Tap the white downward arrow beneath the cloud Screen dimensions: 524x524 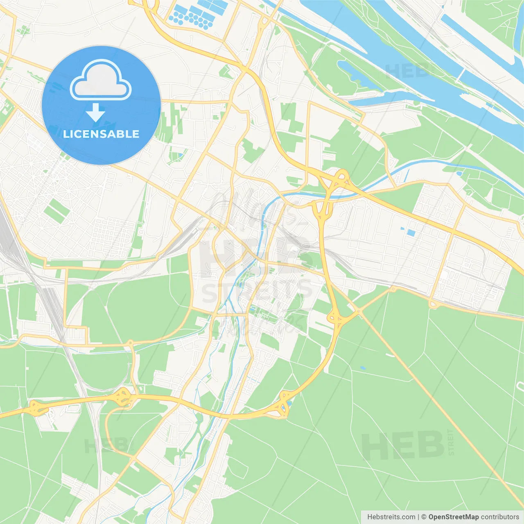pyautogui.click(x=95, y=112)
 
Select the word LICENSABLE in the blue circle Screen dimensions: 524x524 pyautogui.click(x=101, y=134)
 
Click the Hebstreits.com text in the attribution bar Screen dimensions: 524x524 pyautogui.click(x=391, y=517)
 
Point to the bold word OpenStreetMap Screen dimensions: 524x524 pyautogui.click(x=453, y=517)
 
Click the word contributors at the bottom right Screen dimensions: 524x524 pyautogui.click(x=500, y=517)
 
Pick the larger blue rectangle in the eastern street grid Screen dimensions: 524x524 pyautogui.click(x=411, y=233)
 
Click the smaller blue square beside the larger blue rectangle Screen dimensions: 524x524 pyautogui.click(x=402, y=228)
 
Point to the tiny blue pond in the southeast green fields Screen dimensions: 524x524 pyautogui.click(x=363, y=368)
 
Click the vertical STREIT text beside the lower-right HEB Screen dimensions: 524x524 pyautogui.click(x=451, y=442)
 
